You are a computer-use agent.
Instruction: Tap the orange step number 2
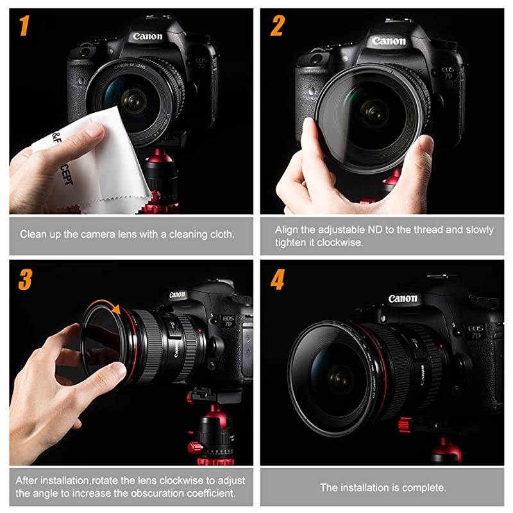277,26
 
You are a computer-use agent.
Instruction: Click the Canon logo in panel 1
147,37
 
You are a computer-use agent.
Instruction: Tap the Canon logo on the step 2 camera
389,41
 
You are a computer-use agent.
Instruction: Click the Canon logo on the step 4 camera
403,298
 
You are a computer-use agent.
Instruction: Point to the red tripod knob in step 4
405,425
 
